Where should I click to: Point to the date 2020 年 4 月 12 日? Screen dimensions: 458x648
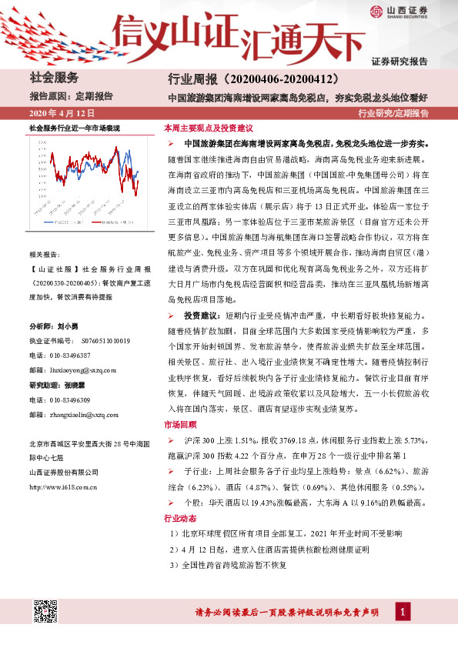59,114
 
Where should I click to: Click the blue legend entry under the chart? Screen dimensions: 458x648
58,222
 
